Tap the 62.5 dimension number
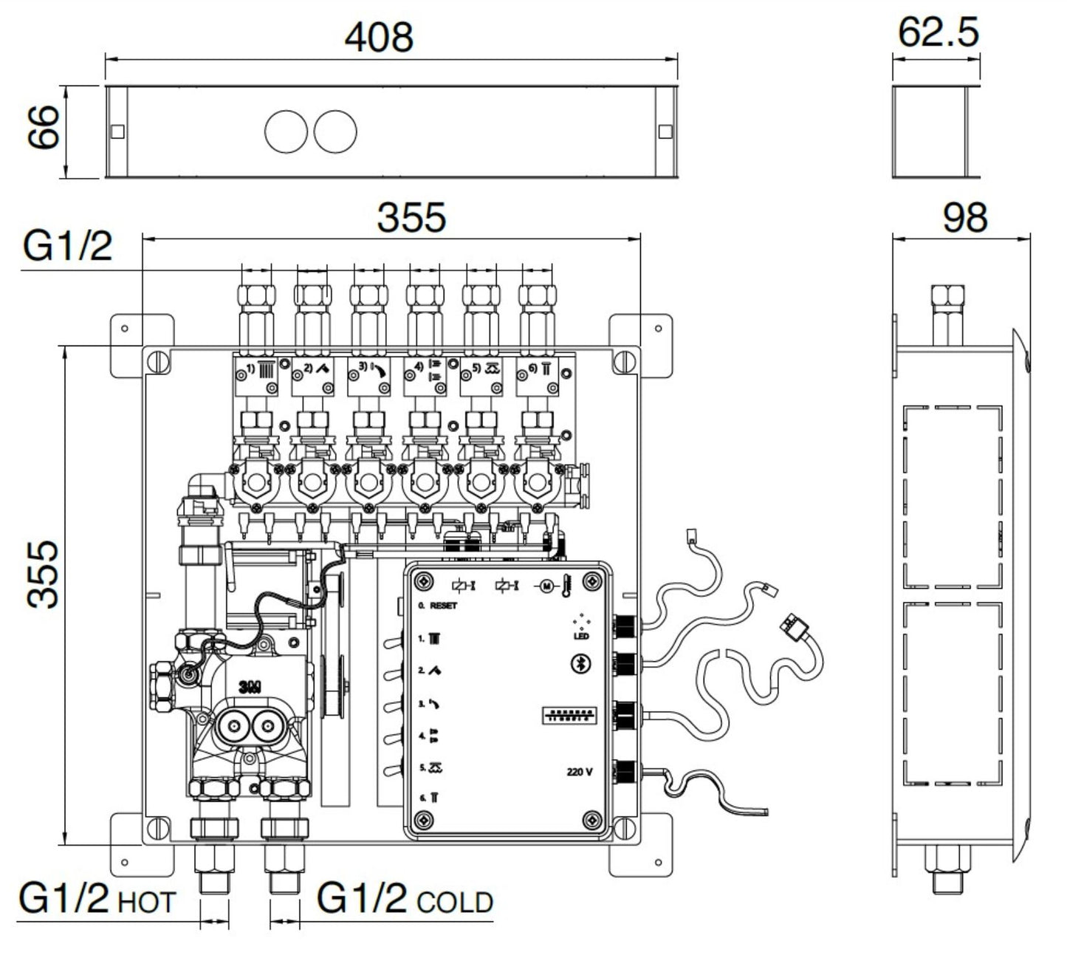point(938,32)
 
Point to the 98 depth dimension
point(965,217)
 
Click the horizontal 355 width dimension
point(411,218)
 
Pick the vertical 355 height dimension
point(44,575)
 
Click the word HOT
point(146,903)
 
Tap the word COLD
point(455,903)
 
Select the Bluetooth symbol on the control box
point(580,665)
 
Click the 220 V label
point(580,773)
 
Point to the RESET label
point(443,606)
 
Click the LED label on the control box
point(581,636)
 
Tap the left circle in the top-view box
point(286,131)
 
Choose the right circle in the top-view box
point(335,131)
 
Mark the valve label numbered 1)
point(250,368)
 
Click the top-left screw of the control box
point(423,583)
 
